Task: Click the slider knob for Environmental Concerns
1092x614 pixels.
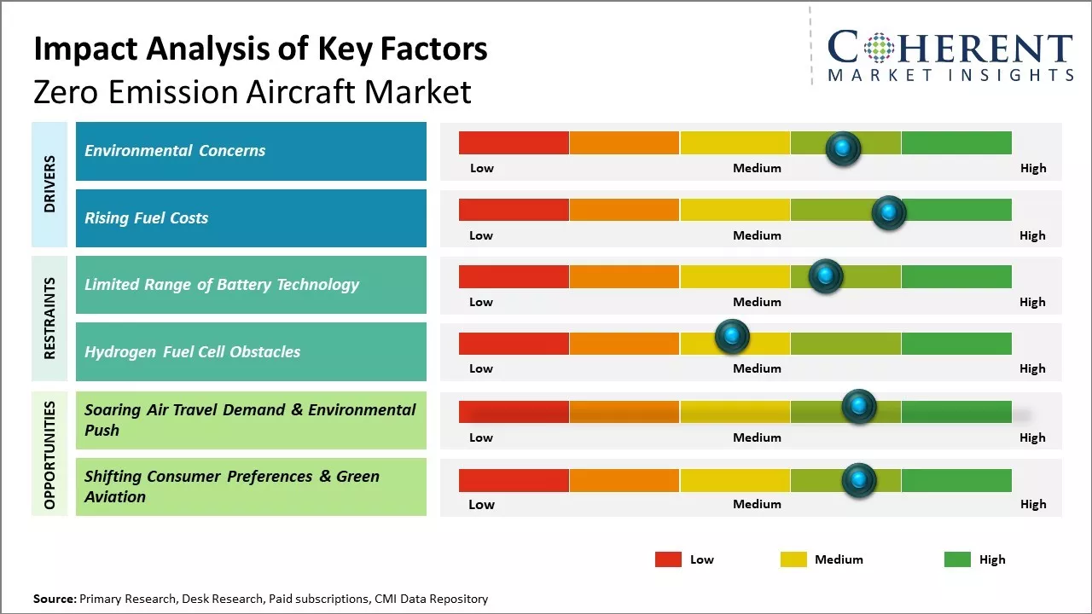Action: (843, 148)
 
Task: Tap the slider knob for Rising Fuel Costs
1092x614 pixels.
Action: (888, 211)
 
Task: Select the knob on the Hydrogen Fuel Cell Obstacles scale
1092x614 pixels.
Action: (732, 336)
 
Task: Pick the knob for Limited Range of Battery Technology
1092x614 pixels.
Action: (825, 275)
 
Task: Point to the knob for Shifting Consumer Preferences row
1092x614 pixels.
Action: (858, 481)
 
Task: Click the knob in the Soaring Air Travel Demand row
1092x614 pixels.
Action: (858, 406)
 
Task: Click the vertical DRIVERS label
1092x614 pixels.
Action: (49, 184)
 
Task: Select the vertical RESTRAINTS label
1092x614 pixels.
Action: (49, 318)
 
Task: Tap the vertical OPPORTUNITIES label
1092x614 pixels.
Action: (49, 455)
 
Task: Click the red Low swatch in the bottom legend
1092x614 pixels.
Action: (668, 559)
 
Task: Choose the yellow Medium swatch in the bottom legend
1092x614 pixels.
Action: (793, 559)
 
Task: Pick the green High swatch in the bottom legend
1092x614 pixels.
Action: (957, 559)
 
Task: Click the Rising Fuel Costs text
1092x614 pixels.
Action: (146, 218)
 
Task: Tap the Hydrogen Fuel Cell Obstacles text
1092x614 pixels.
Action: (192, 351)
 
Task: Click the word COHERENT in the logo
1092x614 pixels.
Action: (950, 48)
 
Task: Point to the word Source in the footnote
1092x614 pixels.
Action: (54, 599)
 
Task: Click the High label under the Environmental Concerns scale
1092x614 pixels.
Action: (1032, 168)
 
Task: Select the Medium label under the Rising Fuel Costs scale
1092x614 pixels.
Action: (757, 235)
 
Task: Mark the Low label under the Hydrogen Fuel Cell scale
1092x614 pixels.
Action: (481, 368)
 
